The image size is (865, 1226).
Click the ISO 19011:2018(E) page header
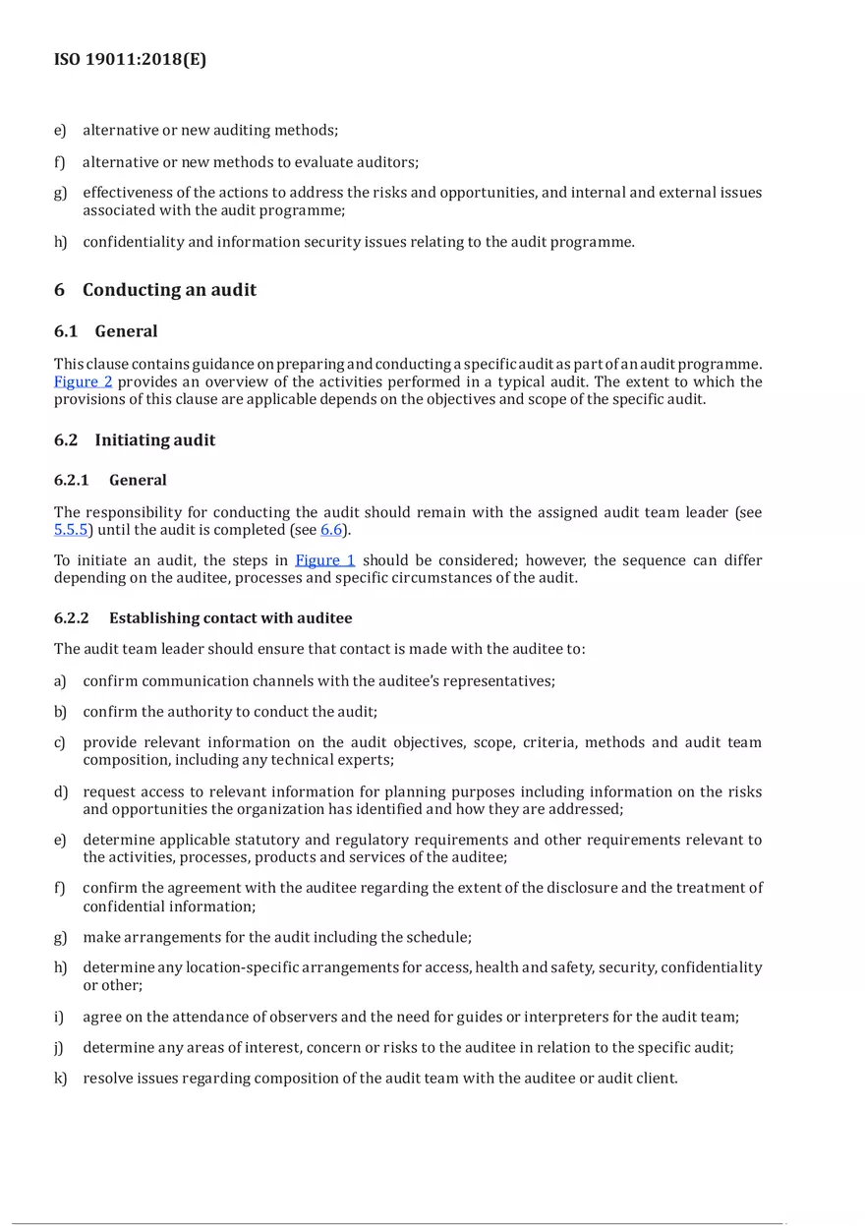tap(130, 60)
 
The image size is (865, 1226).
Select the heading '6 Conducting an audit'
tap(155, 290)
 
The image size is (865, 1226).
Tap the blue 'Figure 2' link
tap(83, 382)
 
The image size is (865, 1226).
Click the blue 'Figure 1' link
tap(324, 560)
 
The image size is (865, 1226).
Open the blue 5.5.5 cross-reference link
tap(71, 530)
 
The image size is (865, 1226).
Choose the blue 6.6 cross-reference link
tap(331, 530)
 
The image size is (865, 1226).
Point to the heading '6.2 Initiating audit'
tap(135, 440)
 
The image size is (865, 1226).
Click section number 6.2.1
tap(72, 481)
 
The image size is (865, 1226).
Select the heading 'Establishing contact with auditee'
tap(230, 618)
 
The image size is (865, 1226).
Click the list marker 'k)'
tap(61, 1079)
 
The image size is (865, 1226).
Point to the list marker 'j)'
tap(60, 1048)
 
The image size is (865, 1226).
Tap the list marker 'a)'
tap(61, 681)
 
